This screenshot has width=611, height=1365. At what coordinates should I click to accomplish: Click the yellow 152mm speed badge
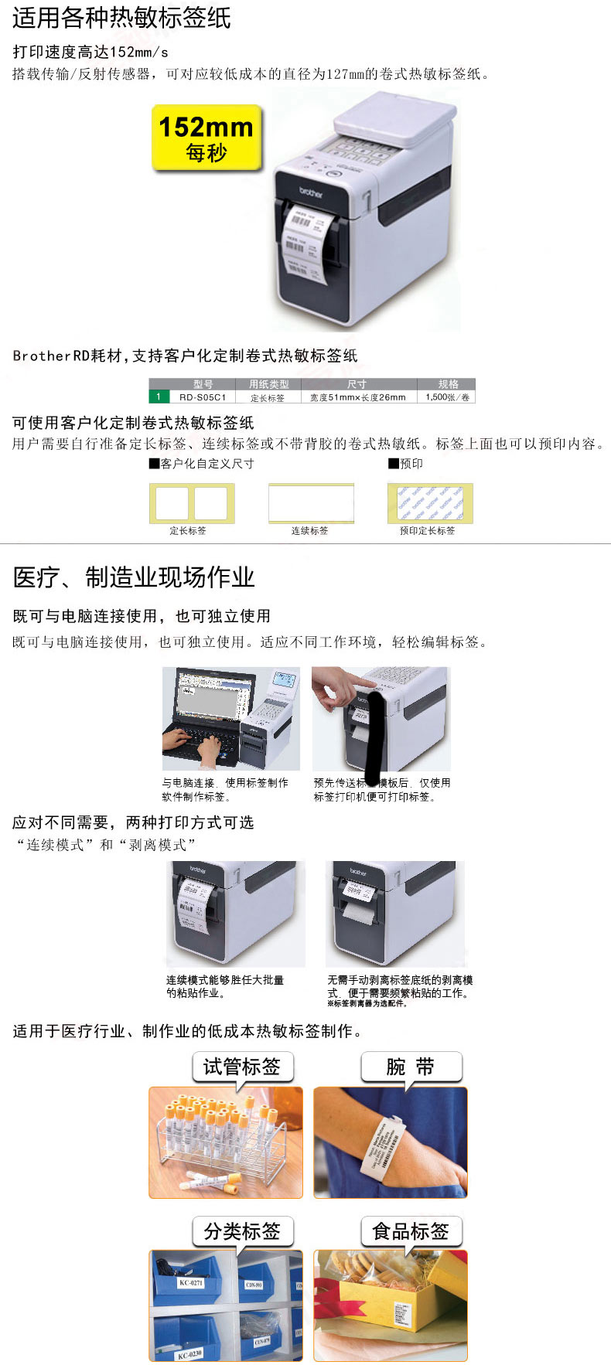[x=207, y=138]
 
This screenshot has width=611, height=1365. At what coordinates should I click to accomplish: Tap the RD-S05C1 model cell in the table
[x=203, y=397]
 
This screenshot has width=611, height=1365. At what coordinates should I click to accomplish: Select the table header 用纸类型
[x=268, y=384]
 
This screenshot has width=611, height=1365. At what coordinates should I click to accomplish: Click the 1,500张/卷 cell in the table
[x=448, y=397]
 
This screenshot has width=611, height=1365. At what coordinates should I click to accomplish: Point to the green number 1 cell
[x=159, y=397]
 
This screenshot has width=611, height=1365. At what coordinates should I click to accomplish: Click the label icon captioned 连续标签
[x=311, y=503]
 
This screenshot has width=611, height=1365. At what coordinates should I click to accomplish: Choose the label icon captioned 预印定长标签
[x=429, y=503]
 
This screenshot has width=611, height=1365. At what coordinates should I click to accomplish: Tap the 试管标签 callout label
[x=242, y=1067]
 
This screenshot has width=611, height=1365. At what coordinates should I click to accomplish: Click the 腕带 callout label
[x=411, y=1067]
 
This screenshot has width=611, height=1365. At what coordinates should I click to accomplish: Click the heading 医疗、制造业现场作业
[x=134, y=577]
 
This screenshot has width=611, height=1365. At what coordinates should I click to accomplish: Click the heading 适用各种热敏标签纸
[x=121, y=18]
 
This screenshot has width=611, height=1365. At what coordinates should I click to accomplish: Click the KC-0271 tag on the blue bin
[x=191, y=1283]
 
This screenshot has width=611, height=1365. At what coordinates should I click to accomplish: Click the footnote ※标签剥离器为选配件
[x=367, y=1003]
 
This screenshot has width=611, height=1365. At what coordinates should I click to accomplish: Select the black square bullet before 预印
[x=393, y=464]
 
